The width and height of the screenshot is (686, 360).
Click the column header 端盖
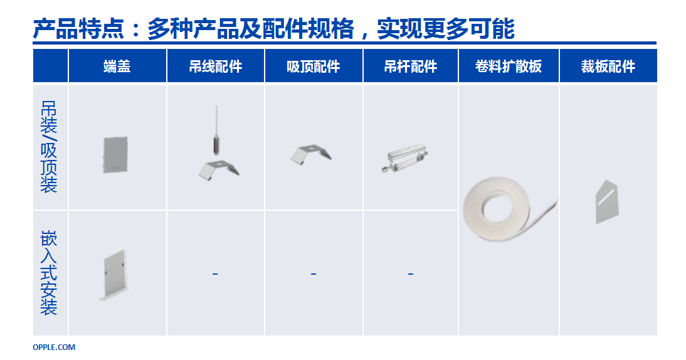117,66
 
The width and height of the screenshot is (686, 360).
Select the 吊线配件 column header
216,66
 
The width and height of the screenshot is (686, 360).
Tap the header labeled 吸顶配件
314,66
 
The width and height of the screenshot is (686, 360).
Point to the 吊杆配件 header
410,66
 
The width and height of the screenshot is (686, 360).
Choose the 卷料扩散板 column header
509,66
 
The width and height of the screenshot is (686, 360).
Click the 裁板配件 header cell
608,66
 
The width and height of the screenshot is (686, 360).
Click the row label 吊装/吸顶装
49,147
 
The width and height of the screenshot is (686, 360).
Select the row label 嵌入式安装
49,273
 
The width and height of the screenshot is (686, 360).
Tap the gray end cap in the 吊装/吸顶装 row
115,155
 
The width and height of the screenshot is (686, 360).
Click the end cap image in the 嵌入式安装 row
113,275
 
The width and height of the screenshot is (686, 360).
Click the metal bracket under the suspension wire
219,170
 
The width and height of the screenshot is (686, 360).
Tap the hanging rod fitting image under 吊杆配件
405,157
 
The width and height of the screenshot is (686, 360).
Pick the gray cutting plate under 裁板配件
607,202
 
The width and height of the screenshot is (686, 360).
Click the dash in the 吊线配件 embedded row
215,274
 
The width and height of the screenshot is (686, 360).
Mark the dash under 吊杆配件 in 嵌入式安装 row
410,274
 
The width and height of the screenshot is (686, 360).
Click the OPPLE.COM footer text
54,347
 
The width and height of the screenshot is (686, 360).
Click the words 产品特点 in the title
79,29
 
